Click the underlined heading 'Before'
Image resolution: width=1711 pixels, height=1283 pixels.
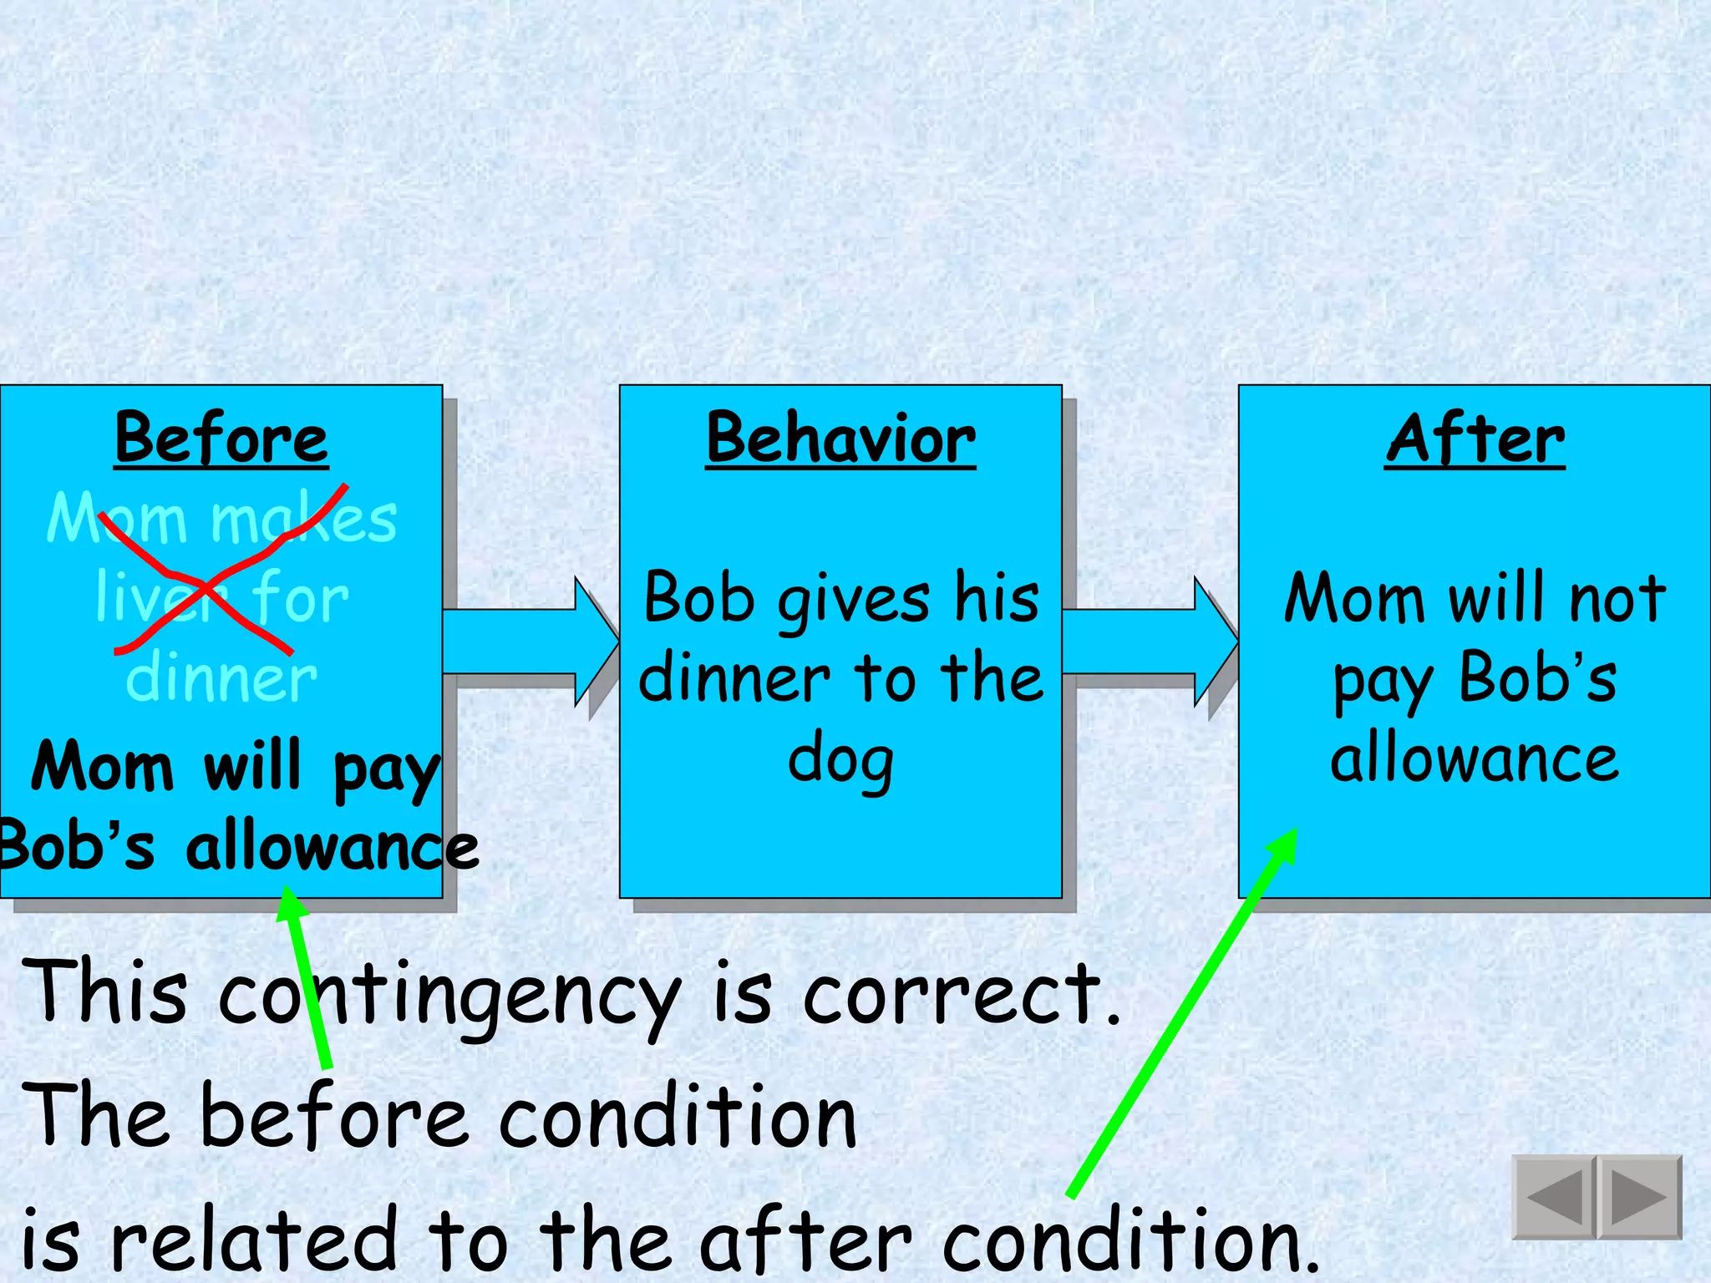[221, 439]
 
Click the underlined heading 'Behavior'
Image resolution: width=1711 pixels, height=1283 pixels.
[840, 439]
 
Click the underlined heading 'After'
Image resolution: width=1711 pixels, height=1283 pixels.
[1475, 439]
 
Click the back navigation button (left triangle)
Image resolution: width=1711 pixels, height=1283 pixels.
[1555, 1196]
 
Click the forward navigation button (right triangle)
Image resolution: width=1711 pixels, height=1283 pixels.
[1638, 1196]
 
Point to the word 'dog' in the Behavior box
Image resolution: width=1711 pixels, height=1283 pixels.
[840, 760]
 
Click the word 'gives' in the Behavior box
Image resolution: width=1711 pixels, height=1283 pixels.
[854, 600]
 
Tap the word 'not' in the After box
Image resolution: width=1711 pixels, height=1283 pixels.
[1617, 598]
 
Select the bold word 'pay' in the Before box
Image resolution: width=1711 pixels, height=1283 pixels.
[386, 768]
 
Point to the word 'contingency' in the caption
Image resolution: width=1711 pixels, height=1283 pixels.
[449, 994]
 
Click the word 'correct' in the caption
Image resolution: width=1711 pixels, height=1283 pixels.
[952, 994]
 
